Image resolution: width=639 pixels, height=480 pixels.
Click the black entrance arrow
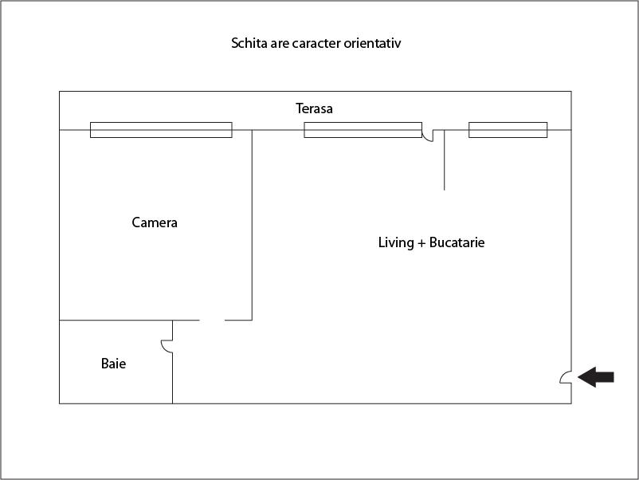click(x=596, y=377)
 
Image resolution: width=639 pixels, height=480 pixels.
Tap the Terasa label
click(x=314, y=108)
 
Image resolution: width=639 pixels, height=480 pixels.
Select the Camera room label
click(x=155, y=222)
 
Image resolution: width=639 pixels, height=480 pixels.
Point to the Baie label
click(x=113, y=364)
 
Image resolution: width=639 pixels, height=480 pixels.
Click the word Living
click(x=396, y=242)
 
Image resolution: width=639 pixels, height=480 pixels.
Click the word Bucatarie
click(x=457, y=242)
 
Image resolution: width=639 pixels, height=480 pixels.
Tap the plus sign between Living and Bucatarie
click(x=421, y=243)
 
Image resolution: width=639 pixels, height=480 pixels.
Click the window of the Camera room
click(x=161, y=130)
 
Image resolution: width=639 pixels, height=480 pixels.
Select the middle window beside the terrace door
click(x=363, y=130)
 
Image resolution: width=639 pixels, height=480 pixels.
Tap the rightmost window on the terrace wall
click(x=508, y=130)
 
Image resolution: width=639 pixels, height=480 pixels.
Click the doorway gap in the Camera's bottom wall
click(x=212, y=321)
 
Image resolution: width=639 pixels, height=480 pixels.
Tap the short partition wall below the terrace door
click(x=445, y=159)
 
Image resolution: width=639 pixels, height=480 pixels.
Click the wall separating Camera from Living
click(x=252, y=225)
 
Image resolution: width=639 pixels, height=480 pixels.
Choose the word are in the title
click(x=280, y=44)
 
